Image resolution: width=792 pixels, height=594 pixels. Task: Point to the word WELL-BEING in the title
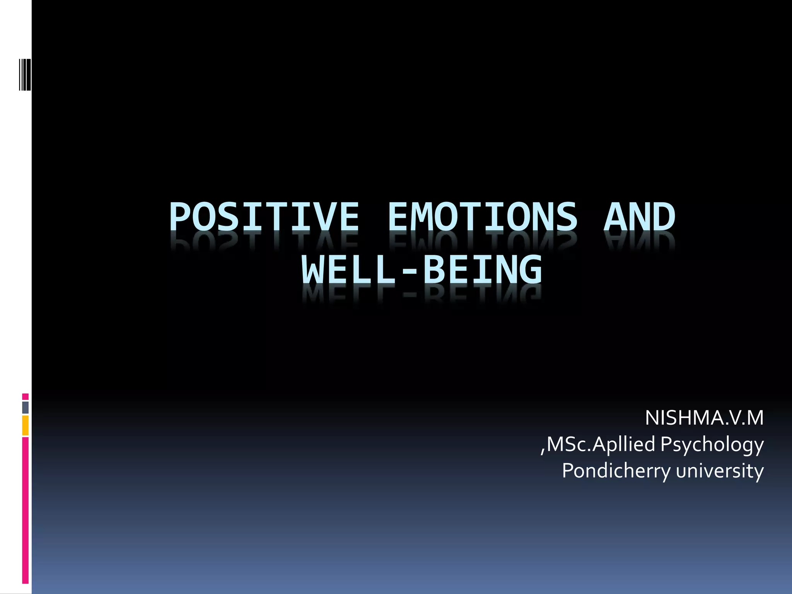(422, 270)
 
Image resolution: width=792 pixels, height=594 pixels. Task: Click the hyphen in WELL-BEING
(410, 271)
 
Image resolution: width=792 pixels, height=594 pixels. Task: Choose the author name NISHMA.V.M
(704, 418)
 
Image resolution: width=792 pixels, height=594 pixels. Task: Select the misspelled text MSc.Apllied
(601, 444)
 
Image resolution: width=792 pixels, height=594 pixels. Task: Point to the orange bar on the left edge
(25, 425)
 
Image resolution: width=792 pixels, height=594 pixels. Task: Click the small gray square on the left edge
(25, 407)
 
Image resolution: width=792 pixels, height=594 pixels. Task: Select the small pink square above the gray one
(25, 397)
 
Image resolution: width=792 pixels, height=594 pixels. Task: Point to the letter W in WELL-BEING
(313, 270)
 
